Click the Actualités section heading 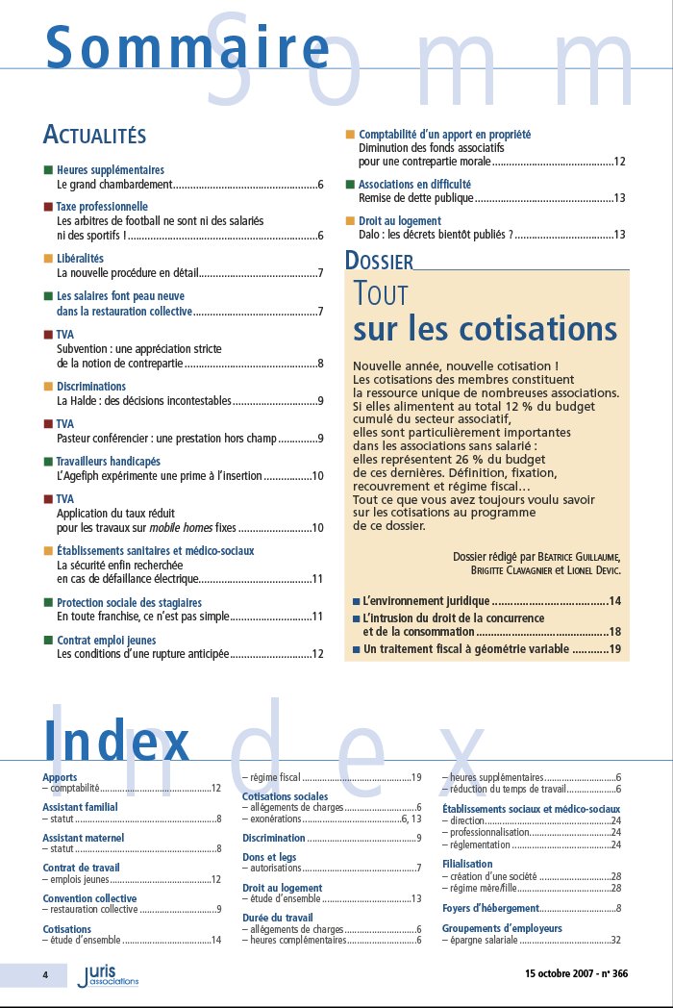[x=94, y=134]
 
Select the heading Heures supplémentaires [x=111, y=169]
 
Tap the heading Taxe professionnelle [x=102, y=206]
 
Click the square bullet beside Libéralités [x=48, y=259]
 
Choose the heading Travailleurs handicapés [x=109, y=462]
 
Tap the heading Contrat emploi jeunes [x=106, y=640]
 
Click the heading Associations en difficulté [x=414, y=184]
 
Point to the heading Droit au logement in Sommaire [x=400, y=220]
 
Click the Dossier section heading [x=379, y=261]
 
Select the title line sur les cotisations [x=486, y=329]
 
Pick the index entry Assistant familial [x=80, y=807]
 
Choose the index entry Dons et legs [x=269, y=856]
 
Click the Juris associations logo [x=108, y=976]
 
